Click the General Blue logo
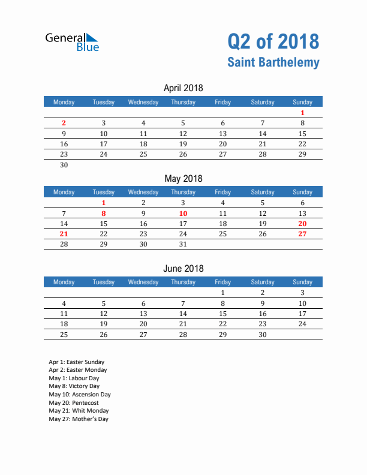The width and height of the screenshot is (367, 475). tap(72, 41)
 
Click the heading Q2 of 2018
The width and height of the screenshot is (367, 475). tap(273, 41)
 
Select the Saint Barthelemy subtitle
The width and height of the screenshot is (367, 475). tap(273, 62)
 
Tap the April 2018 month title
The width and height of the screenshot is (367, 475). tap(183, 88)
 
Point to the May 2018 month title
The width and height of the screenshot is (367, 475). tap(183, 178)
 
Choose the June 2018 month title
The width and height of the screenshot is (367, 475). tap(183, 268)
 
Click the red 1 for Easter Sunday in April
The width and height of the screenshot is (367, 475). tap(302, 113)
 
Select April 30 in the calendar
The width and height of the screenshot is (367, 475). tap(64, 165)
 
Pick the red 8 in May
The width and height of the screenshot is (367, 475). tap(104, 214)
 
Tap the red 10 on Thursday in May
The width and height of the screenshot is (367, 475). tap(183, 214)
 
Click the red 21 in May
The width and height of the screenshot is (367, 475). tap(64, 234)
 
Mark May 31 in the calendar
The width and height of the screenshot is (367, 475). tap(183, 244)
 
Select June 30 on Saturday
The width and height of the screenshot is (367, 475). tap(262, 334)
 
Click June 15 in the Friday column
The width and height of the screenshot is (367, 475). tap(222, 314)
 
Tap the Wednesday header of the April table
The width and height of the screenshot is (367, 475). tap(143, 102)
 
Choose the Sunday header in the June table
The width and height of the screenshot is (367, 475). tap(302, 282)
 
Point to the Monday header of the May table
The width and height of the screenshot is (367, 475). tap(64, 192)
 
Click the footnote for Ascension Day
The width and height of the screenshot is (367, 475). tap(80, 395)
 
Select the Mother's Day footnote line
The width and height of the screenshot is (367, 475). tap(79, 419)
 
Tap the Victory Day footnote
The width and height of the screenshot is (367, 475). tap(74, 387)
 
